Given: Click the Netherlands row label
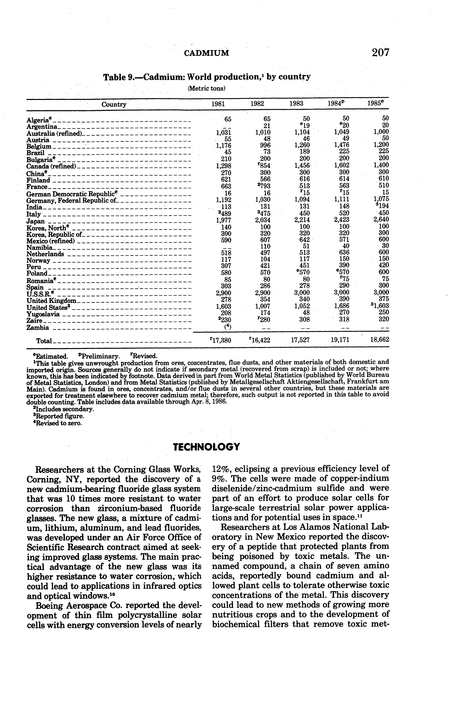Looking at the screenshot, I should [x=45, y=254].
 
